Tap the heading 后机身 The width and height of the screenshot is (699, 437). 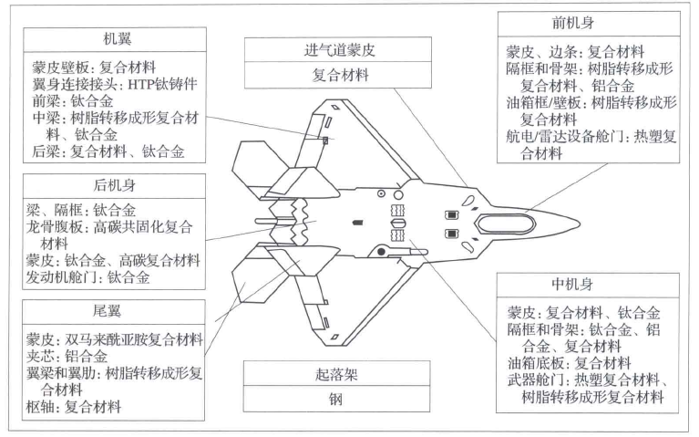(118, 186)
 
